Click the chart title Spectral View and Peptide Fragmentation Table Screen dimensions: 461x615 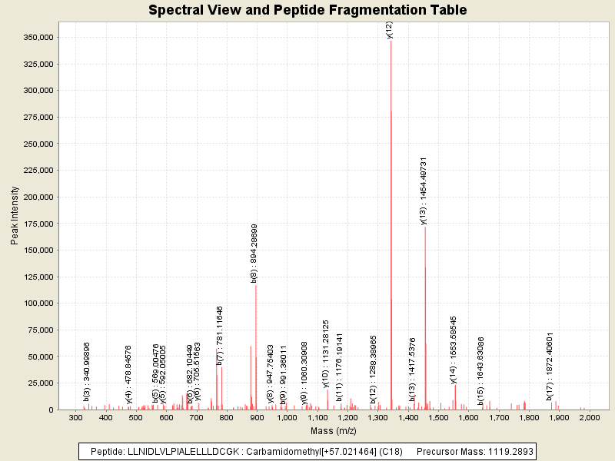307,11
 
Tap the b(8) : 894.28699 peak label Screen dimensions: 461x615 254,254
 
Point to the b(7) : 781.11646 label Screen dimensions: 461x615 220,335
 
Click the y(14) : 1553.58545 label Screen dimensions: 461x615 454,349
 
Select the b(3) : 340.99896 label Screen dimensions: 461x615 87,372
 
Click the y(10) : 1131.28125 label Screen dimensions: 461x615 326,354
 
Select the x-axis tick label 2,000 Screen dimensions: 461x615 589,418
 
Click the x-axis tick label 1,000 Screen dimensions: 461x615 287,418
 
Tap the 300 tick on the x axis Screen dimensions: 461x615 75,418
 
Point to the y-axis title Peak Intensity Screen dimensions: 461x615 15,220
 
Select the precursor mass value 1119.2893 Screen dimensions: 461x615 507,451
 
